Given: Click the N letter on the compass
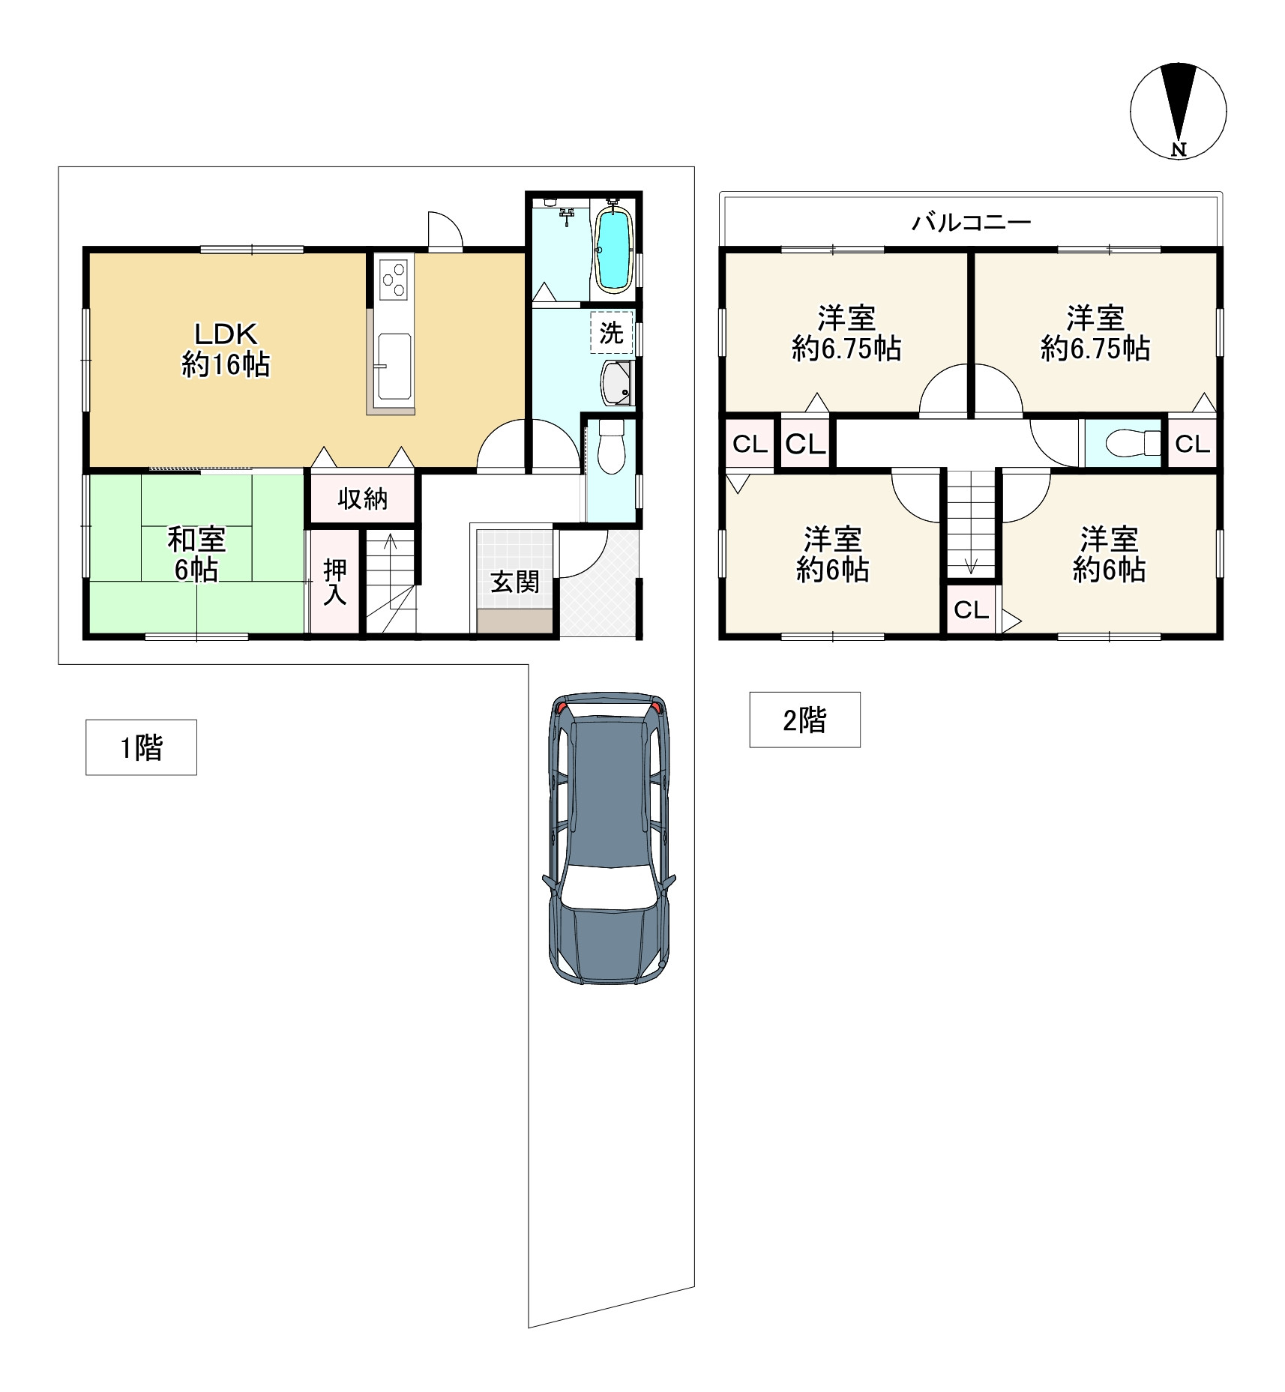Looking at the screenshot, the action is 1179,149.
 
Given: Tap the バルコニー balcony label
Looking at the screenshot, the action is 971,222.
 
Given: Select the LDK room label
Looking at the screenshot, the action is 226,334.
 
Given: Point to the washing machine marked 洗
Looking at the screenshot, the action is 611,332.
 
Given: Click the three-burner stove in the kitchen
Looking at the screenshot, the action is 394,279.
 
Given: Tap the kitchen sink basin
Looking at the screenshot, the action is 394,367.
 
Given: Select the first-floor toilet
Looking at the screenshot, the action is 611,446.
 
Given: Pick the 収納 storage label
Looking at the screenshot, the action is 363,498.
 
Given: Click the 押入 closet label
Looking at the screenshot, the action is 335,582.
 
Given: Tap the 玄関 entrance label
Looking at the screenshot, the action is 515,582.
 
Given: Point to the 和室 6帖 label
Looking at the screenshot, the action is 196,555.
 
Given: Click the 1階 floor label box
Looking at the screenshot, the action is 141,747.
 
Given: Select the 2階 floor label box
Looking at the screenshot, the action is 804,720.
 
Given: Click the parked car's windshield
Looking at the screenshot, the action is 608,889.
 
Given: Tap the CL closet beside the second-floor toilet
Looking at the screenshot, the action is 1192,444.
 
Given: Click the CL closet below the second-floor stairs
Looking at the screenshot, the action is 971,610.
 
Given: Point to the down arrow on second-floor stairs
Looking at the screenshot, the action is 971,567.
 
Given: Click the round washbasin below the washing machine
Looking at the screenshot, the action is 618,383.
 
